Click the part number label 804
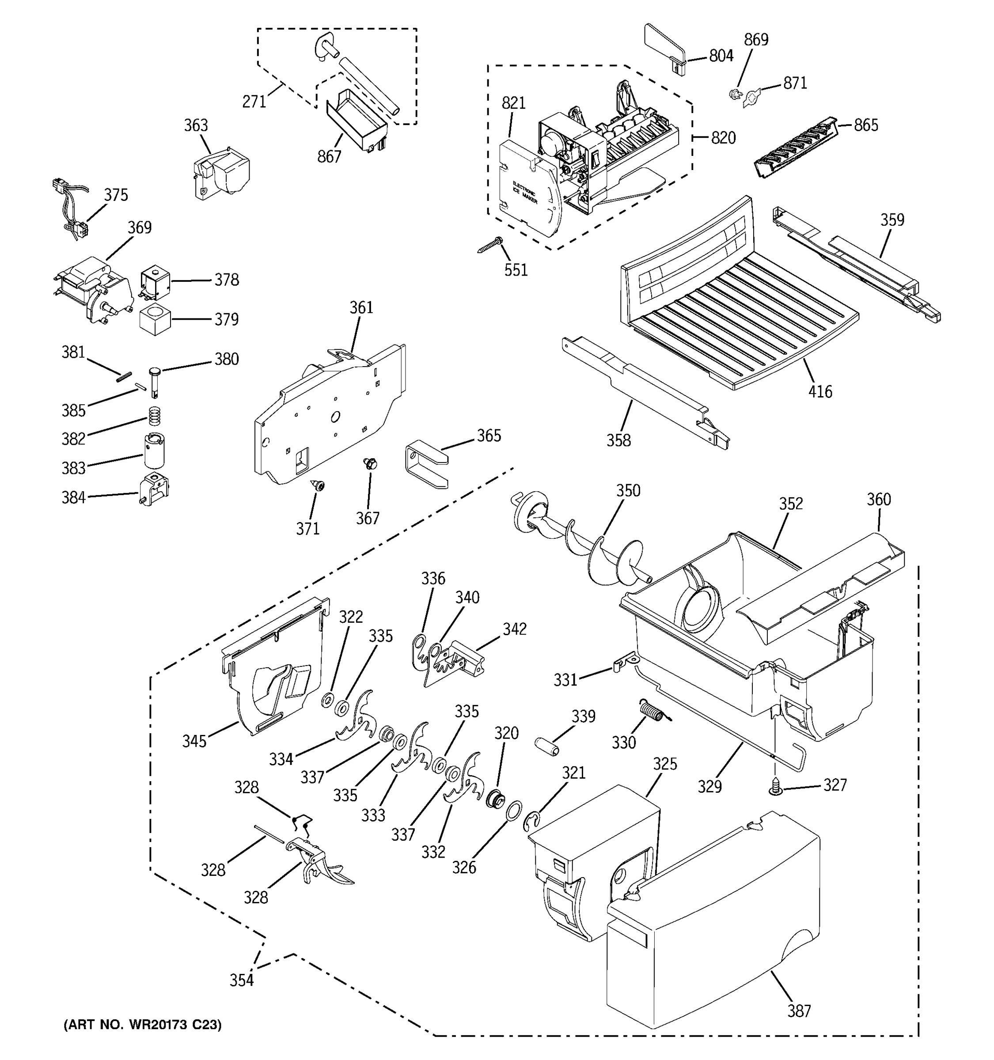point(721,56)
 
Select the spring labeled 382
point(154,416)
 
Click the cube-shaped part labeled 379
point(155,320)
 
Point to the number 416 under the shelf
point(819,392)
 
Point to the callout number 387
point(799,1011)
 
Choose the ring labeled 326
point(513,811)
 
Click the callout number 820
point(723,138)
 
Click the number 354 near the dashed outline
point(242,980)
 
